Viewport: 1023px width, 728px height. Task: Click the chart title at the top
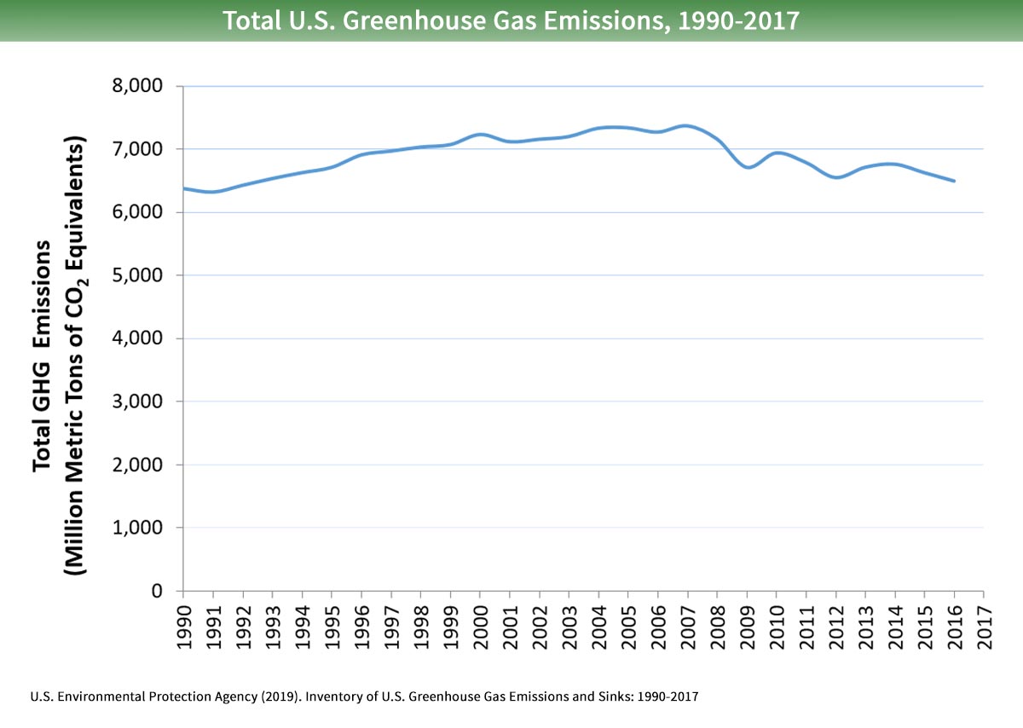[x=511, y=20]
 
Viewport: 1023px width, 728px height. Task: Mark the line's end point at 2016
[x=954, y=181]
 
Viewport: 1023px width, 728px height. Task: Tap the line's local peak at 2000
[x=481, y=135]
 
